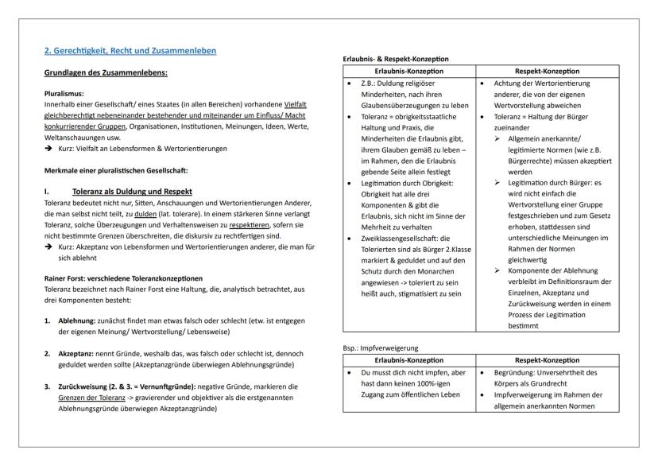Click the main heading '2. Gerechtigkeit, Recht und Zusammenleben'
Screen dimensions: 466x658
pos(130,51)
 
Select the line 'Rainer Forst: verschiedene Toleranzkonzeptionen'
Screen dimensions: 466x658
pos(123,278)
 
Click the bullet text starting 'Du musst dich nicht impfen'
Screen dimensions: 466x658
pos(412,371)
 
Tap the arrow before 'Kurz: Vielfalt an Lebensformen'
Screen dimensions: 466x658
pos(48,149)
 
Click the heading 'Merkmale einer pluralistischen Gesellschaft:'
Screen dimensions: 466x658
pos(117,171)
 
